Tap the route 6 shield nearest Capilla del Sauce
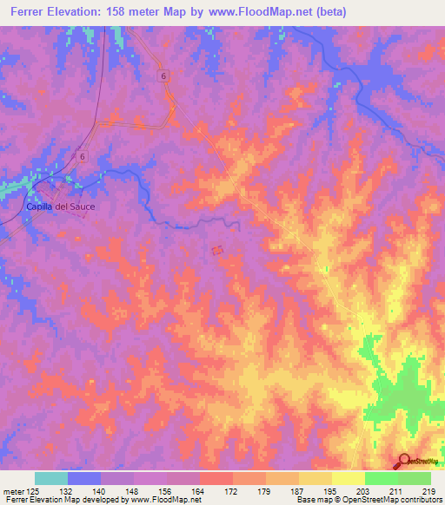click(82, 156)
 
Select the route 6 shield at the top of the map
click(163, 76)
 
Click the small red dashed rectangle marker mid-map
click(216, 251)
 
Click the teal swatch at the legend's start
click(51, 478)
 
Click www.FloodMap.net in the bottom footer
click(164, 500)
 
